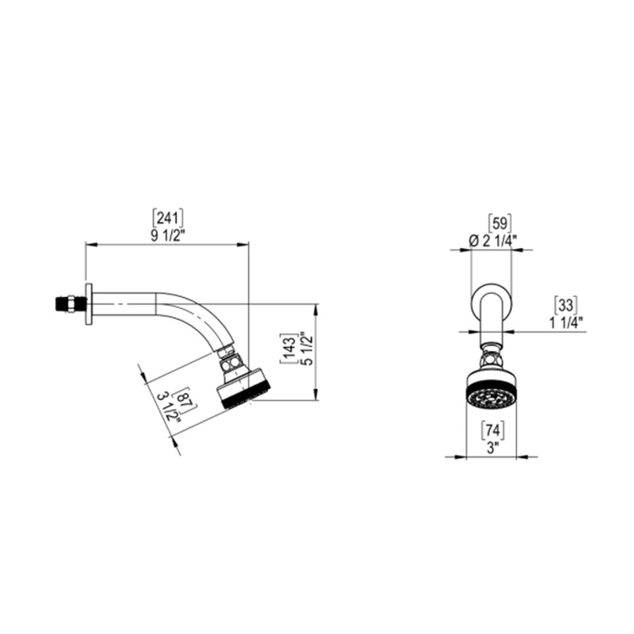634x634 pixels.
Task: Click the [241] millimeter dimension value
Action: [167, 216]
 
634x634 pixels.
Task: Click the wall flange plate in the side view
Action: [90, 304]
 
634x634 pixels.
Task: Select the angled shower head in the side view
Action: [243, 388]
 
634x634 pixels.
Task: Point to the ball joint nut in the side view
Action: [231, 361]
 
